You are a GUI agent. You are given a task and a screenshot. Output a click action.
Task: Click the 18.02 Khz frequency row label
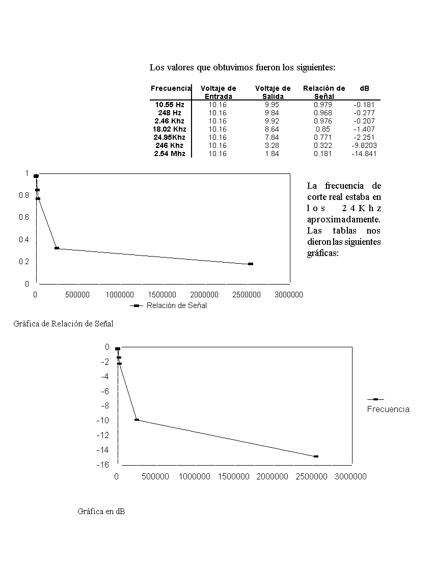tap(170, 129)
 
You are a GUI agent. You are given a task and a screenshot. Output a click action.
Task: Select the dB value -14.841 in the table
tap(364, 154)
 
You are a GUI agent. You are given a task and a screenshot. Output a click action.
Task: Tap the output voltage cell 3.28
tap(272, 145)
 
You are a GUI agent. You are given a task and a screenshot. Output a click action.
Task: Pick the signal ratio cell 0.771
tap(323, 137)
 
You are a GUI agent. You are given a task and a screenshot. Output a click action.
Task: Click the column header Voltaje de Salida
tap(273, 92)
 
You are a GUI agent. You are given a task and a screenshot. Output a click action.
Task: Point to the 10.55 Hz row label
tap(170, 105)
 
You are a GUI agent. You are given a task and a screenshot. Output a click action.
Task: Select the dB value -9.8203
tap(364, 145)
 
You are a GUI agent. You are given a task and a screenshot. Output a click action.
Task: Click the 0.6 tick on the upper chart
tap(24, 217)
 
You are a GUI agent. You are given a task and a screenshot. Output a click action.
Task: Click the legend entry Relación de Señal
tap(176, 305)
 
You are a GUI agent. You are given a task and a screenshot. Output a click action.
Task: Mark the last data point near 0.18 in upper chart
tap(251, 264)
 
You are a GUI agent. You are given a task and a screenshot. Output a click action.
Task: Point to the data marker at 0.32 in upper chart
tap(57, 248)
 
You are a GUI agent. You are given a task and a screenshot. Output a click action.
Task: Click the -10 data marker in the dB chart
tap(137, 420)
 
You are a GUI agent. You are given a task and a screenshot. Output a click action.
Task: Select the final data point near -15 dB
tap(316, 456)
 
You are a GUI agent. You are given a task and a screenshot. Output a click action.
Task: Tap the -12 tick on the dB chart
tap(103, 435)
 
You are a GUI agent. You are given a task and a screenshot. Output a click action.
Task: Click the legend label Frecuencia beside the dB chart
tap(388, 409)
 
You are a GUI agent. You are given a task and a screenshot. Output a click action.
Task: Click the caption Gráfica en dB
tap(101, 511)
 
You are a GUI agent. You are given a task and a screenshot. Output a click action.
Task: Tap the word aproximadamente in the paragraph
tap(344, 219)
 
